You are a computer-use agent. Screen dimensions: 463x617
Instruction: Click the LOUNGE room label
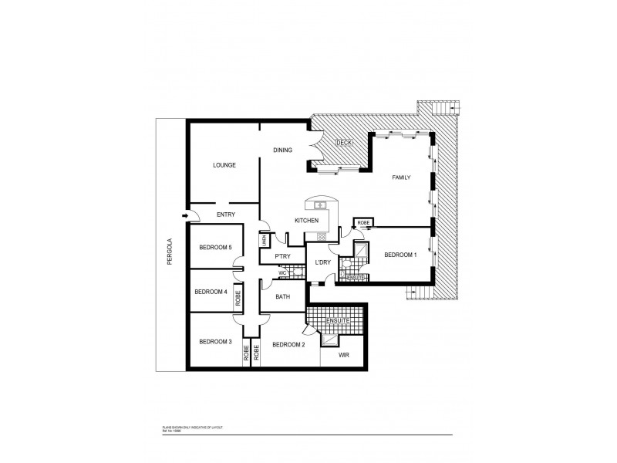click(224, 165)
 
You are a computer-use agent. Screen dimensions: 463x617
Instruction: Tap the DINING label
click(282, 150)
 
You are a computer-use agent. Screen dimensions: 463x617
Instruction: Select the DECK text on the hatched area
click(345, 143)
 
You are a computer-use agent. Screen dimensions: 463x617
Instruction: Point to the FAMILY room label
click(401, 177)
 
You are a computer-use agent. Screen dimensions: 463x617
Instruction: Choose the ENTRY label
click(226, 215)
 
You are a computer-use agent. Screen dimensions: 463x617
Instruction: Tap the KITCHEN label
click(306, 221)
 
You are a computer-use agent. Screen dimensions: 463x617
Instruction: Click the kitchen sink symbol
click(318, 204)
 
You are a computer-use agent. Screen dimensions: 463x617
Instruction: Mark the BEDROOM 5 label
click(215, 247)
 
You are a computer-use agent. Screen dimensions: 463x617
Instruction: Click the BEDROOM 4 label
click(211, 292)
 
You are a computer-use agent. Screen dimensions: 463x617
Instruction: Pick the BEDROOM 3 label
click(215, 342)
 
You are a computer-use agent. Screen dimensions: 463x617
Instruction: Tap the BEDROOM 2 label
click(288, 344)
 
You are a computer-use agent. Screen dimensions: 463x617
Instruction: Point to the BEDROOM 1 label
click(400, 255)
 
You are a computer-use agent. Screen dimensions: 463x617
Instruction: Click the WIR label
click(345, 356)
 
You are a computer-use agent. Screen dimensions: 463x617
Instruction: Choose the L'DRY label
click(322, 262)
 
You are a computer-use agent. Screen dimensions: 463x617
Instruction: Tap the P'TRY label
click(282, 256)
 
